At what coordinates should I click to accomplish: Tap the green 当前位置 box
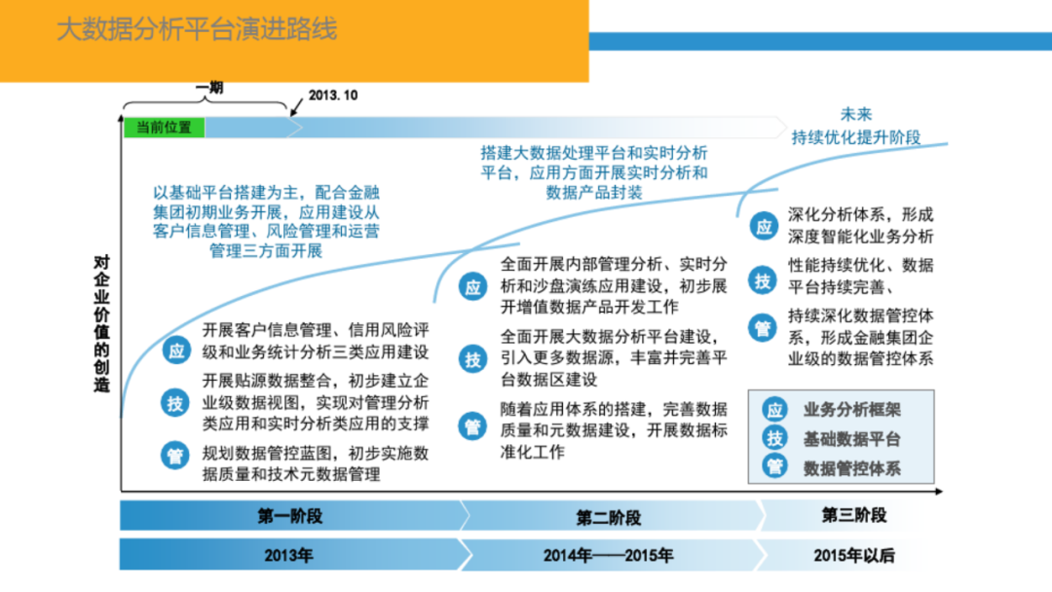pyautogui.click(x=164, y=128)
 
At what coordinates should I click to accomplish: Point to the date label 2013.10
pyautogui.click(x=332, y=96)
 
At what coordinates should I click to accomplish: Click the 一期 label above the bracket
pyautogui.click(x=208, y=88)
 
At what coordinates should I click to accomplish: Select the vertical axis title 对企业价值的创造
pyautogui.click(x=101, y=324)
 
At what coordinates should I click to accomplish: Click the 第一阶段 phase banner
pyautogui.click(x=289, y=516)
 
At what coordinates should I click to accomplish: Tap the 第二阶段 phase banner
pyautogui.click(x=609, y=516)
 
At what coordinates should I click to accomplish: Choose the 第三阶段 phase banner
pyautogui.click(x=854, y=515)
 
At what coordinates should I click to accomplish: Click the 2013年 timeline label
pyautogui.click(x=289, y=556)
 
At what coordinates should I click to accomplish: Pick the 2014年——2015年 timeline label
pyautogui.click(x=609, y=556)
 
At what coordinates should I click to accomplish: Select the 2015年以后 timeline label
pyautogui.click(x=854, y=556)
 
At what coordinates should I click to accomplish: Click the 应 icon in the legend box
pyautogui.click(x=774, y=410)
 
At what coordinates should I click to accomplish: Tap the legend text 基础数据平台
pyautogui.click(x=852, y=439)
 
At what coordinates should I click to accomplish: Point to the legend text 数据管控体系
pyautogui.click(x=852, y=468)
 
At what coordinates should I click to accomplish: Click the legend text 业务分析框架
pyautogui.click(x=852, y=410)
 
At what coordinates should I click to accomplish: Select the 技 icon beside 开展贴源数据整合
pyautogui.click(x=175, y=402)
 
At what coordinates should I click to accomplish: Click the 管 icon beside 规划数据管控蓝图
pyautogui.click(x=175, y=455)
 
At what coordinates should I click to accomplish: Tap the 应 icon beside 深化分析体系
pyautogui.click(x=763, y=227)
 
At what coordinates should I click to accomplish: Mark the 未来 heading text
pyautogui.click(x=856, y=114)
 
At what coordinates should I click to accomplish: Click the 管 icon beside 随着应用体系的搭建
pyautogui.click(x=473, y=425)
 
